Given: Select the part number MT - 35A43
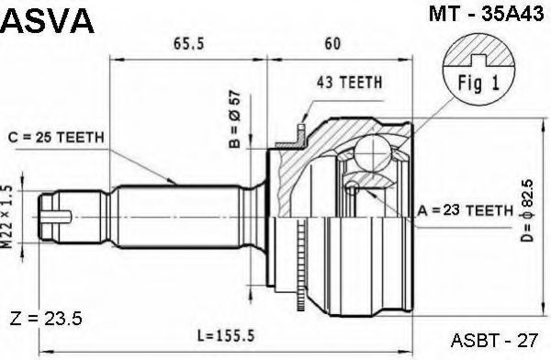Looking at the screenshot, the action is pos(486,15).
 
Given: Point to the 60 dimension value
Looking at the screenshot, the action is pos(332,43).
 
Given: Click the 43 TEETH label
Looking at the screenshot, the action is pos(349,83).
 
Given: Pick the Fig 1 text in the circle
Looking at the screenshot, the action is pos(478,84).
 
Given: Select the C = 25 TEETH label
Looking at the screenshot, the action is pos(56,138).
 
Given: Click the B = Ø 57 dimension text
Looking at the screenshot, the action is pos(235,119).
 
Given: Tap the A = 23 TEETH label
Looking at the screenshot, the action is pos(466,210).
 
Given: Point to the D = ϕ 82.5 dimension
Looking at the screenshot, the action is pos(527,210).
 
